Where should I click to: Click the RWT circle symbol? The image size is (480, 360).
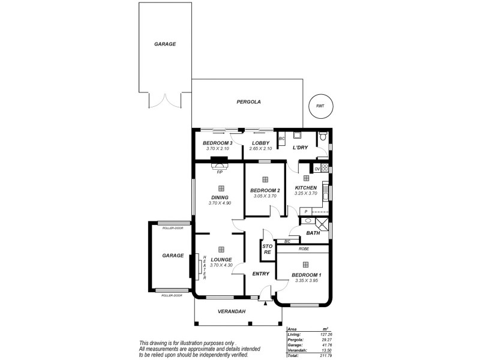click(x=320, y=106)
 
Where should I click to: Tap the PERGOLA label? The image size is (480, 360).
click(x=248, y=102)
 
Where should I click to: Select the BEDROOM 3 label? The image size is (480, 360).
click(x=217, y=143)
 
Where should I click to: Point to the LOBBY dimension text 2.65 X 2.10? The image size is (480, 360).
click(x=261, y=149)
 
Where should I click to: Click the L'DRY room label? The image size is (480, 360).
click(x=300, y=148)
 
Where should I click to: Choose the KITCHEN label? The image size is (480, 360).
click(x=305, y=187)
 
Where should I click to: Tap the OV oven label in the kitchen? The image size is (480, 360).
click(x=317, y=169)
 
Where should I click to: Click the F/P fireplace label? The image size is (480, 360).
click(x=220, y=172)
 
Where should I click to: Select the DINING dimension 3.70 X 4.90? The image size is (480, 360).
click(x=220, y=203)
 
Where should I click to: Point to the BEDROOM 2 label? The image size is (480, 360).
click(x=265, y=190)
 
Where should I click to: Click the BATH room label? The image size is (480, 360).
click(x=313, y=233)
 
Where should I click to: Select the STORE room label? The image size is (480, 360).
click(x=268, y=249)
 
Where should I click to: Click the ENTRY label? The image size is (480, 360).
click(x=260, y=274)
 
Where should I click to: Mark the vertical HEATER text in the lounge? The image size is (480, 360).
click(x=205, y=266)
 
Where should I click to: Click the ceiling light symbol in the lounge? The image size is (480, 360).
click(x=221, y=249)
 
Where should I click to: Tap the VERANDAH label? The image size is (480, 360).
click(x=232, y=311)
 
